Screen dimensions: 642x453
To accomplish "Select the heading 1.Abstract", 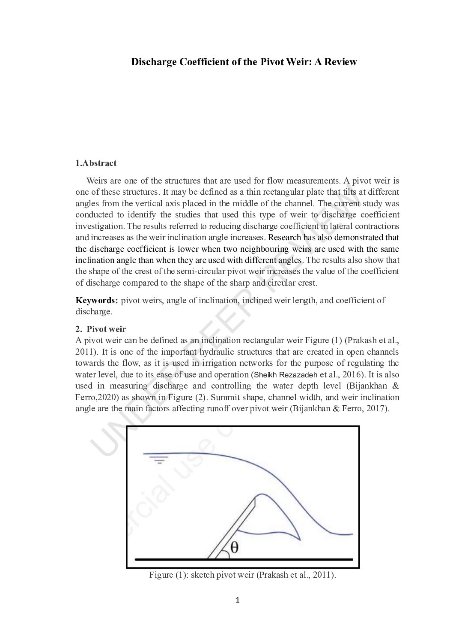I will point(96,163).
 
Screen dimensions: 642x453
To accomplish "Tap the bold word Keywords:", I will point(97,300).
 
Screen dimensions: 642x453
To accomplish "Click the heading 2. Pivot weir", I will point(101,329).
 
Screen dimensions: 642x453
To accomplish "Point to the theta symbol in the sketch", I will point(235,547).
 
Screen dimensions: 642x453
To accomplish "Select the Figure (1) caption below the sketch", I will point(242,575).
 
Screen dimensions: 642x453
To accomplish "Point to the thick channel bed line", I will point(244,560).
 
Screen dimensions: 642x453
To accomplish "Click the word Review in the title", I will point(340,62).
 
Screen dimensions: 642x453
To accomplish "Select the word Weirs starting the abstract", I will point(96,181).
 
